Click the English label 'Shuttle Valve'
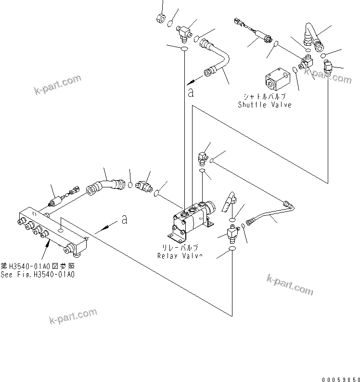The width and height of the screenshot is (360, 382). pyautogui.click(x=264, y=105)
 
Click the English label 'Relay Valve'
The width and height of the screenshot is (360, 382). pyautogui.click(x=180, y=255)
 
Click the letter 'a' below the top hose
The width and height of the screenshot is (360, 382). pyautogui.click(x=191, y=93)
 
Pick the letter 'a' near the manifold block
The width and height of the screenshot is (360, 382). pyautogui.click(x=124, y=219)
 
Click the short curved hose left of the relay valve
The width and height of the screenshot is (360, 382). pyautogui.click(x=103, y=185)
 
